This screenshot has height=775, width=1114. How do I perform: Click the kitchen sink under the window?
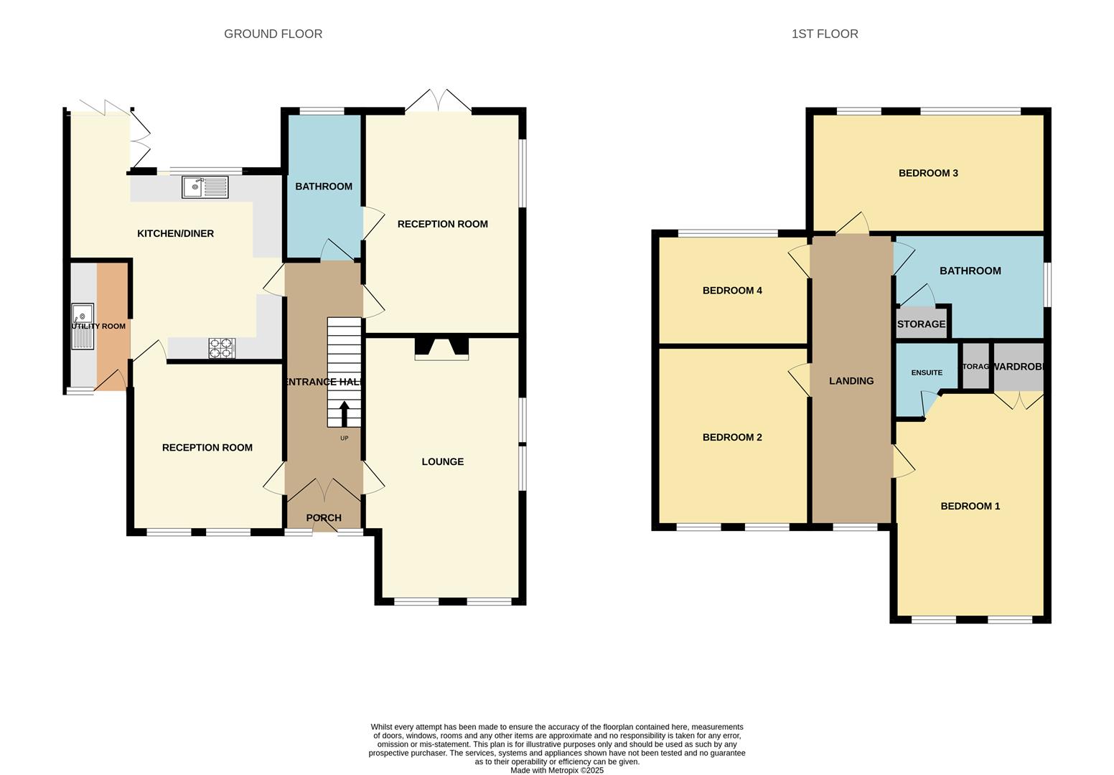point(205,187)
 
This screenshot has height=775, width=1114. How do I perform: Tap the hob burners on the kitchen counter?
point(221,348)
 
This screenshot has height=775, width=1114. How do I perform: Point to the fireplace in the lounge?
point(441,348)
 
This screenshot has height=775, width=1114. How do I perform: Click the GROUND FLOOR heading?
point(273,34)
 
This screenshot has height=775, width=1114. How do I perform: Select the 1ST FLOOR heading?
point(824,34)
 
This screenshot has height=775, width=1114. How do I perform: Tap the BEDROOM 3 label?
point(928,173)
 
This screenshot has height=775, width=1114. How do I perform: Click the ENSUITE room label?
point(927,372)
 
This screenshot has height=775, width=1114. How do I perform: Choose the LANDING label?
point(851,381)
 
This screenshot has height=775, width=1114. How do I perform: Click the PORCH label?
point(324,518)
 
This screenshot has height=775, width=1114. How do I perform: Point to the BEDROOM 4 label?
point(732,291)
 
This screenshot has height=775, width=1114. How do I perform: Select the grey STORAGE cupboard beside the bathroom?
point(921,324)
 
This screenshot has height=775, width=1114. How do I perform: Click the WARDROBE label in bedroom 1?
point(1017,367)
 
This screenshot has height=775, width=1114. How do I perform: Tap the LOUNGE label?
point(442,461)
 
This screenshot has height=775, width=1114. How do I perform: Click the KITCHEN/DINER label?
point(175,233)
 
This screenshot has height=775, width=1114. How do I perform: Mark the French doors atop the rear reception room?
point(439,101)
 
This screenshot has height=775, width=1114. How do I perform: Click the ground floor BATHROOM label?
point(324,187)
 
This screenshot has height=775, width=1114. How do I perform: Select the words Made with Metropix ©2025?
point(556,771)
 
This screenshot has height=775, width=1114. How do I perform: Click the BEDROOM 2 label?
point(732,438)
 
